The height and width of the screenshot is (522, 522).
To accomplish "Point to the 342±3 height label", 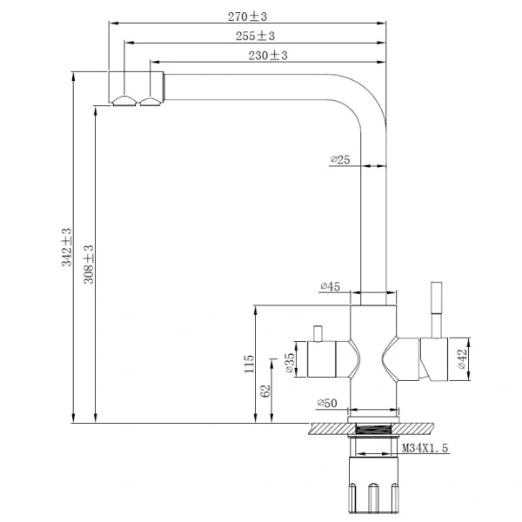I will coord(67,247).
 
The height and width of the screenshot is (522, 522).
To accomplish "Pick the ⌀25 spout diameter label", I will coord(340,159).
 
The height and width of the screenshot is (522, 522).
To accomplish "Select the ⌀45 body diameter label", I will coord(330,285).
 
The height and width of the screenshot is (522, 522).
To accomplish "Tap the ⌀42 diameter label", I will coord(460,358).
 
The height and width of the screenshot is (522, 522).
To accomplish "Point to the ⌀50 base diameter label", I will coord(328,402).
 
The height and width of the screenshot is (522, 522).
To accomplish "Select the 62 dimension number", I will coord(266,391).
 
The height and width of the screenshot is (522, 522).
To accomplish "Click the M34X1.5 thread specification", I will coord(426,448).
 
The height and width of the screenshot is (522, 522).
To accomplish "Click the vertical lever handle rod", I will coord(433,309).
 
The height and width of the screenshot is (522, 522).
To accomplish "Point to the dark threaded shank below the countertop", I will coord(372,428).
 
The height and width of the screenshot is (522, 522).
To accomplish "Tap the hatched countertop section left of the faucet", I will coord(326,427).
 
